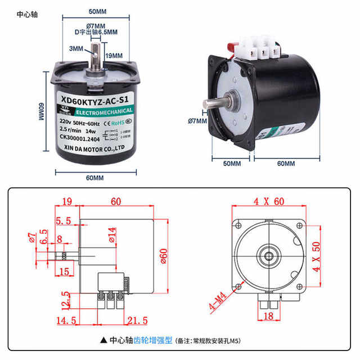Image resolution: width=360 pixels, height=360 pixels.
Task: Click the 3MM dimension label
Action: pos(75,49)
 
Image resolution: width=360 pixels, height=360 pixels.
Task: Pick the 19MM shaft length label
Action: pos(115,55)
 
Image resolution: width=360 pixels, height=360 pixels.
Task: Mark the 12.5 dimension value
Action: pos(66,299)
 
